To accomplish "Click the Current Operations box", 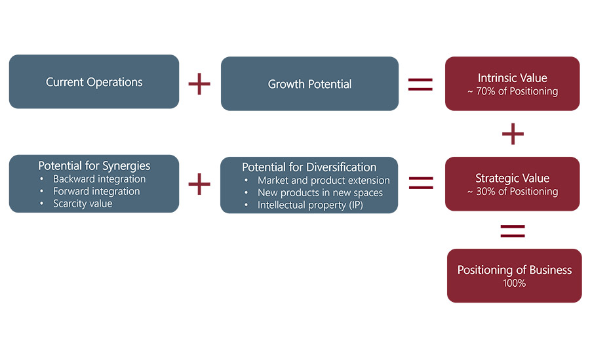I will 94,82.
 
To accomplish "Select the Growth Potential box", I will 309,84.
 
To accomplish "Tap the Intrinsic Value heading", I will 512,78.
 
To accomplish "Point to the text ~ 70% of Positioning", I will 512,91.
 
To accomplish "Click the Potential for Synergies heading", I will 94,166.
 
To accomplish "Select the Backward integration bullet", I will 99,179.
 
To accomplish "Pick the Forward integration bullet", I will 96,191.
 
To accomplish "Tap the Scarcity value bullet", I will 83,203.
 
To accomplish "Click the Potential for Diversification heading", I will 309,167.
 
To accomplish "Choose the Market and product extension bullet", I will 323,180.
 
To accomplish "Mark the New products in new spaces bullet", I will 320,192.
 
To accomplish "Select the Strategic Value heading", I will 512,179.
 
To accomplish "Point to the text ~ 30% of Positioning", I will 512,192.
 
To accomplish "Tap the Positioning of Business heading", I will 515,270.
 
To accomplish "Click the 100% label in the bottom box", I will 515,283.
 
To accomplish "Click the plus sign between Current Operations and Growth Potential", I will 199,84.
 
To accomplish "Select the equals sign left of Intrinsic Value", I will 420,84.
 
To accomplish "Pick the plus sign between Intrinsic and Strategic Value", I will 513,134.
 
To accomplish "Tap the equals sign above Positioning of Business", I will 513,230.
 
